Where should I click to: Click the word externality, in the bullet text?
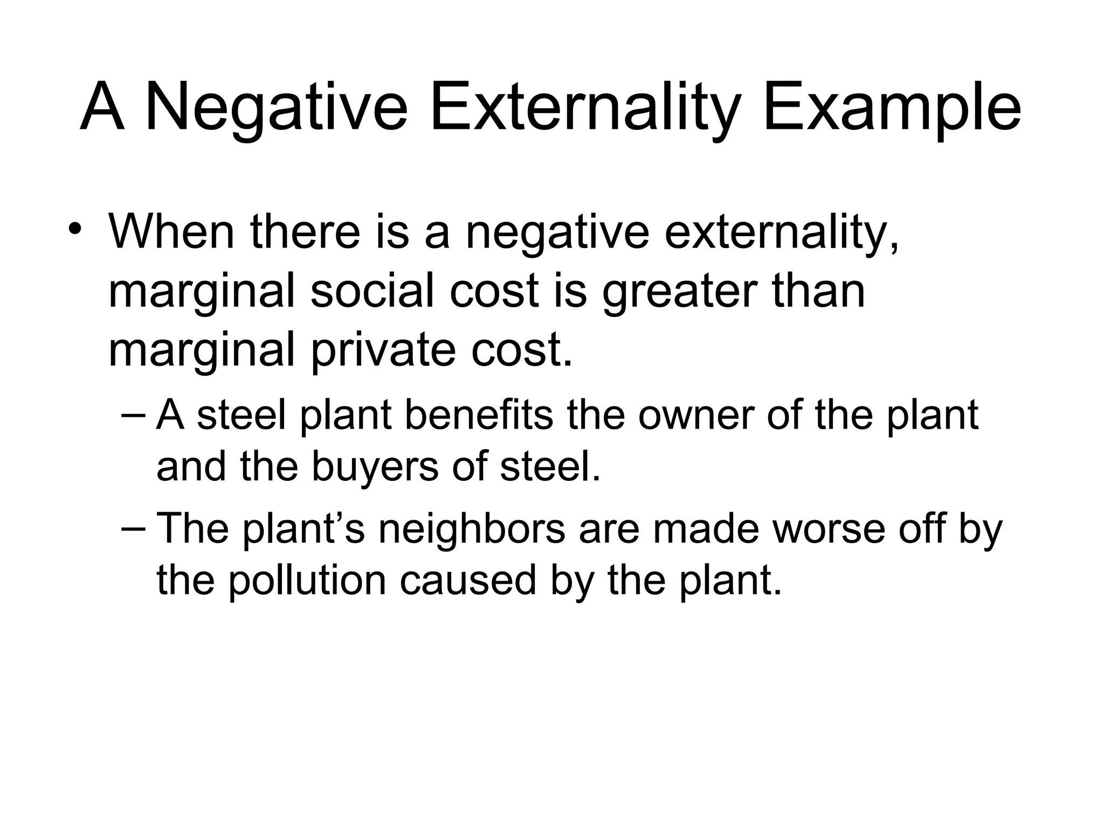click(782, 233)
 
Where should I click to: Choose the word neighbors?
click(472, 529)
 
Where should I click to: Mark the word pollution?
click(306, 581)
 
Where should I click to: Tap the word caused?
click(468, 580)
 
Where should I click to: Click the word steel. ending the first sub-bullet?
click(550, 466)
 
